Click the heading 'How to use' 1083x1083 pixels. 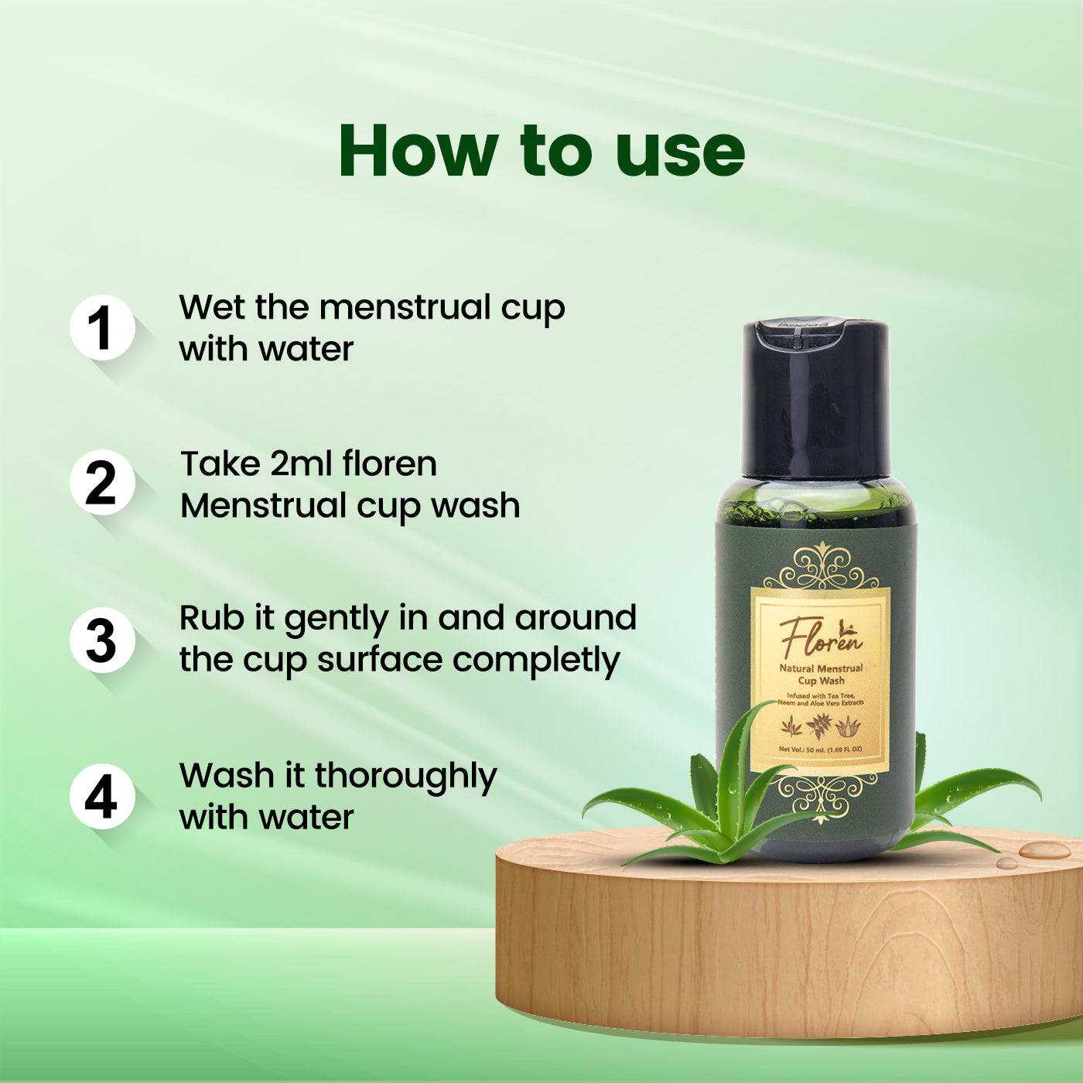pos(541,150)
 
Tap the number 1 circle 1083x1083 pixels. pos(101,327)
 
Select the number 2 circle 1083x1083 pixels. pos(101,483)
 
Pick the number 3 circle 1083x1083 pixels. pos(101,641)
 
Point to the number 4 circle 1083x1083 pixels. pos(101,797)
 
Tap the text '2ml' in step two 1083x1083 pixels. pos(302,464)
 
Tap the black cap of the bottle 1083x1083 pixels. pos(815,398)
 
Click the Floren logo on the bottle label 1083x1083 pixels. pos(820,636)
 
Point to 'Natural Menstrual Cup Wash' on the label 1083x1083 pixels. pos(821,674)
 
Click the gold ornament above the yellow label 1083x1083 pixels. pos(820,568)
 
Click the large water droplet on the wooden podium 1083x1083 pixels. pos(1044,850)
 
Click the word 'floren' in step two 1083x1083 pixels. pos(390,464)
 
